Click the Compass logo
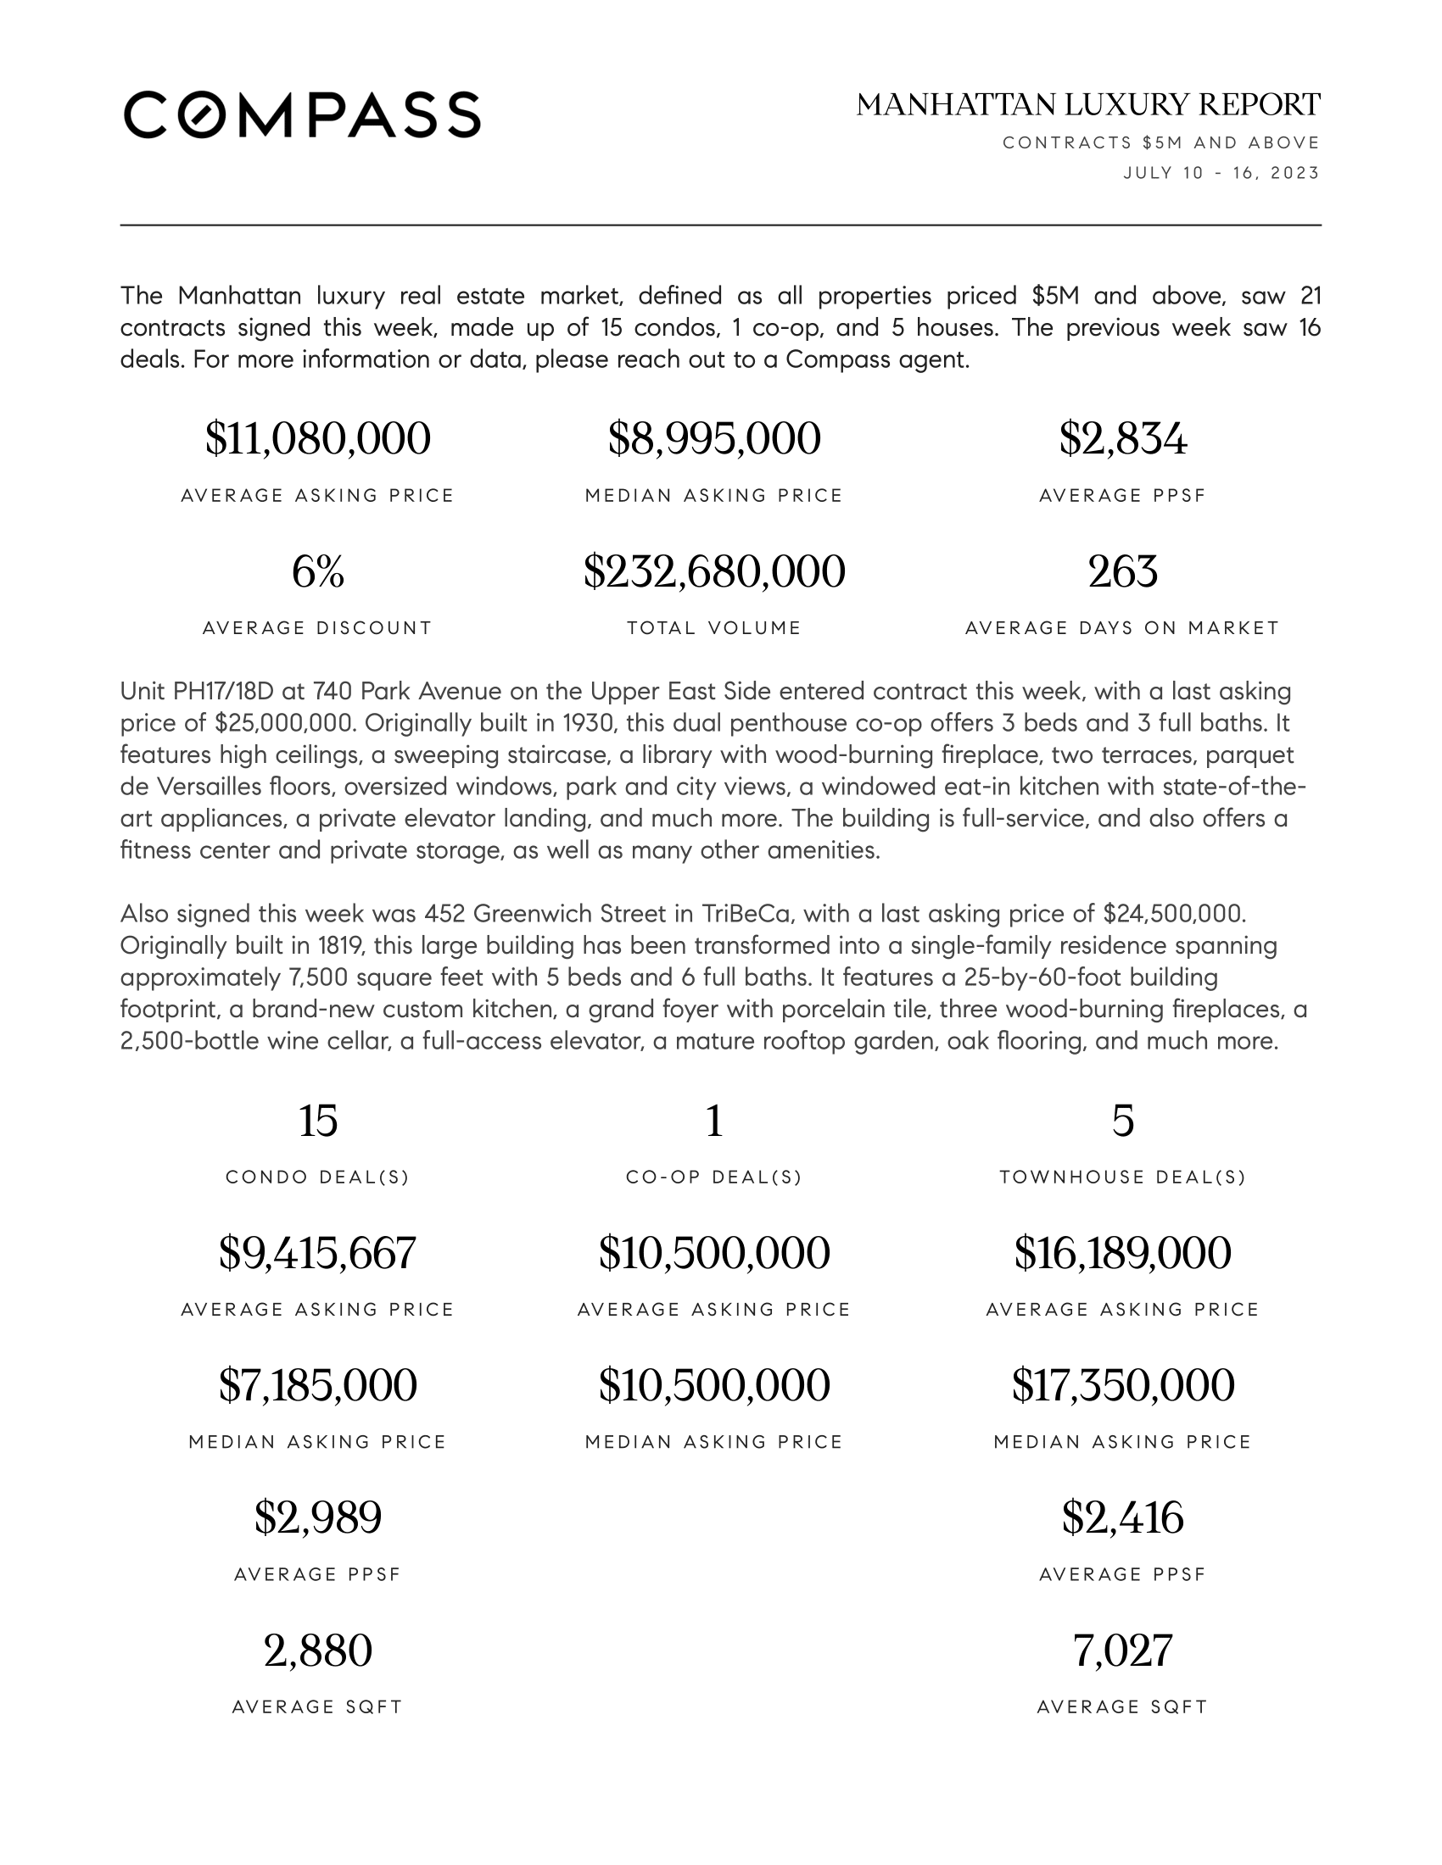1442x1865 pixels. pyautogui.click(x=302, y=114)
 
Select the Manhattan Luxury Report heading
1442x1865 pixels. pyautogui.click(x=1087, y=105)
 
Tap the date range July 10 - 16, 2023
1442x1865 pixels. pyautogui.click(x=1221, y=173)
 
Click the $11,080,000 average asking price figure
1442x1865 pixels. pyautogui.click(x=318, y=439)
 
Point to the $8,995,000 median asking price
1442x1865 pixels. pyautogui.click(x=714, y=439)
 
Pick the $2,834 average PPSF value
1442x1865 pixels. pyautogui.click(x=1122, y=439)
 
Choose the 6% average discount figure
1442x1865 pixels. pyautogui.click(x=318, y=571)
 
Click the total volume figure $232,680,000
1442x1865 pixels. pyautogui.click(x=714, y=571)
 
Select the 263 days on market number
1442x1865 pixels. pyautogui.click(x=1122, y=571)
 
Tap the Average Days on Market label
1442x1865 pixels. pyautogui.click(x=1122, y=628)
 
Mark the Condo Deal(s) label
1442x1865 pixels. pyautogui.click(x=318, y=1177)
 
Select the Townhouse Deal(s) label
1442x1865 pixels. pyautogui.click(x=1122, y=1177)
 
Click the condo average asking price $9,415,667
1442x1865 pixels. pyautogui.click(x=318, y=1253)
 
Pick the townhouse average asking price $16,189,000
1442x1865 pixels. pyautogui.click(x=1122, y=1253)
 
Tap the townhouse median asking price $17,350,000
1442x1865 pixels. pyautogui.click(x=1122, y=1385)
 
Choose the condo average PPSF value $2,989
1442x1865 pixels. pyautogui.click(x=318, y=1517)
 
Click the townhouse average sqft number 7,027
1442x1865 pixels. pyautogui.click(x=1122, y=1650)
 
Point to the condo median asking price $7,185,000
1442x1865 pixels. pyautogui.click(x=318, y=1385)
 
